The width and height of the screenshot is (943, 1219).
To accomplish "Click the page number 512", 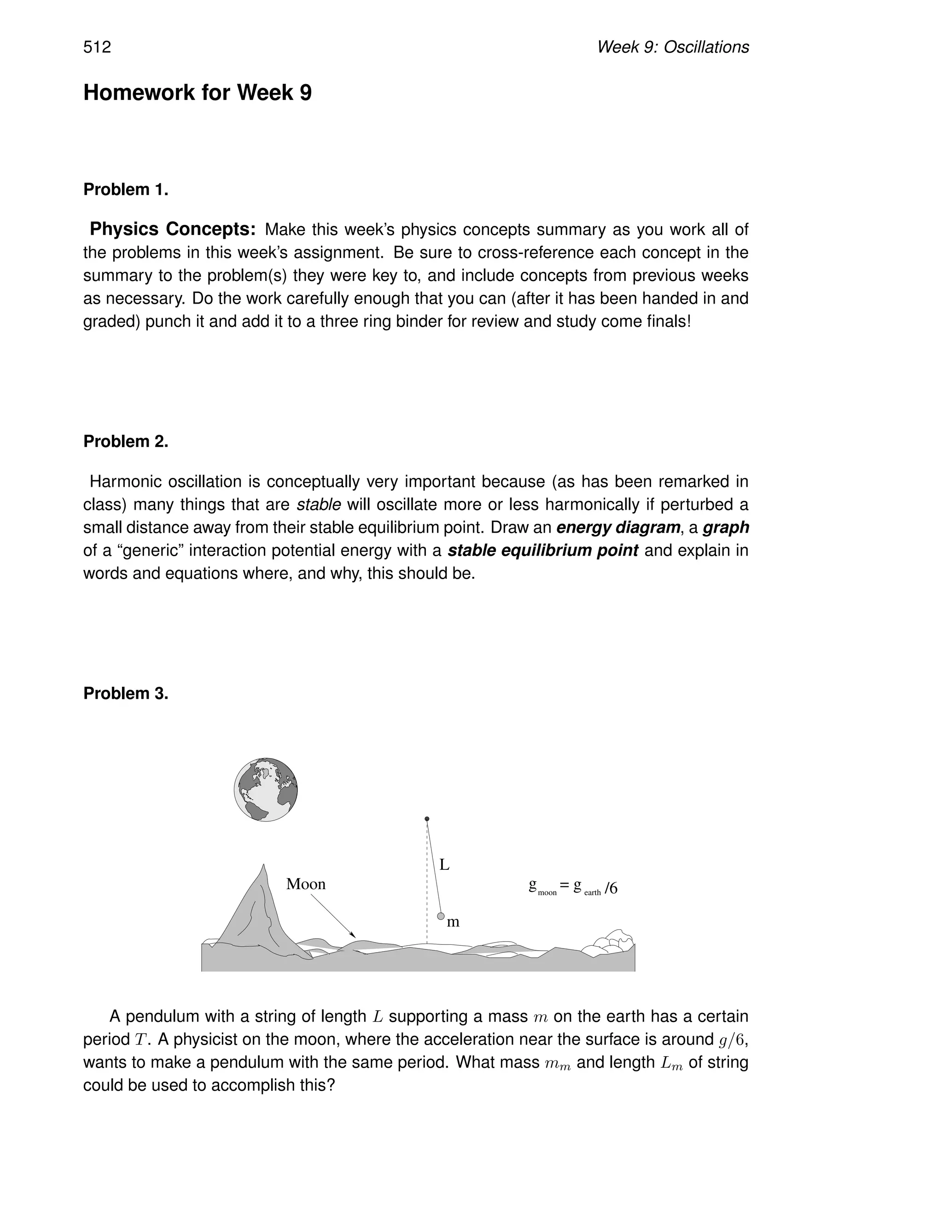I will pyautogui.click(x=97, y=47).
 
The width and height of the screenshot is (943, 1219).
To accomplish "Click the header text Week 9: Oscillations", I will pyautogui.click(x=673, y=47).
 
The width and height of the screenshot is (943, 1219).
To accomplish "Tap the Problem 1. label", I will pyautogui.click(x=126, y=190).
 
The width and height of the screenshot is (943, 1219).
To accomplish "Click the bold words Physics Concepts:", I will pyautogui.click(x=173, y=230).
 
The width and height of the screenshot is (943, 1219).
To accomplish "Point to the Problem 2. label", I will pyautogui.click(x=126, y=442).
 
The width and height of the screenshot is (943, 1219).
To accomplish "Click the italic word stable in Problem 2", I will pyautogui.click(x=319, y=505).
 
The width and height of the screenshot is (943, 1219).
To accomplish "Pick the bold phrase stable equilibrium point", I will pyautogui.click(x=542, y=550).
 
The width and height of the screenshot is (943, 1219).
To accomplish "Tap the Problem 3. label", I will pyautogui.click(x=126, y=693).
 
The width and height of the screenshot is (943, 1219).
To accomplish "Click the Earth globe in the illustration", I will pyautogui.click(x=265, y=789).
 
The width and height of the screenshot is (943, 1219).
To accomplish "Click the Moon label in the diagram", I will pyautogui.click(x=306, y=884).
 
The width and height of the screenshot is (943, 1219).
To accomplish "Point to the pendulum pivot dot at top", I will pyautogui.click(x=427, y=819).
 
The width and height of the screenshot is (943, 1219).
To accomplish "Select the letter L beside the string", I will pyautogui.click(x=445, y=865).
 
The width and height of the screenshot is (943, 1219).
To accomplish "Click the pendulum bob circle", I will pyautogui.click(x=441, y=916).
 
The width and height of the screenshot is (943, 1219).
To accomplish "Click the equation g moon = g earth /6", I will pyautogui.click(x=573, y=887).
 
